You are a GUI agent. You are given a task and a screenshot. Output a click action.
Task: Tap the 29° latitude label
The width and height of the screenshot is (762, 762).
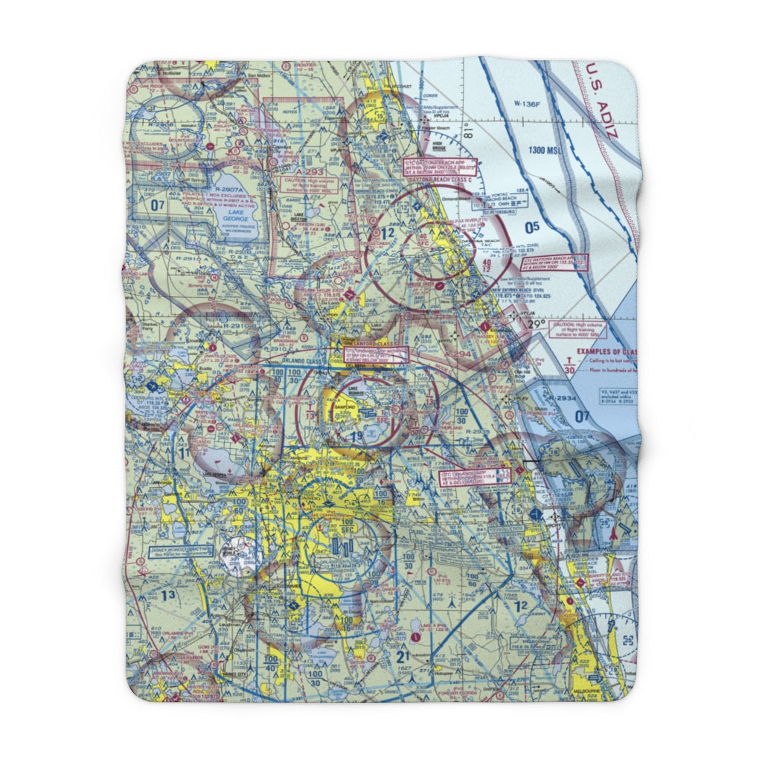tap(537, 324)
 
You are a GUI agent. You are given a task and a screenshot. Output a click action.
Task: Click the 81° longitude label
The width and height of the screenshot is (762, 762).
tap(467, 135)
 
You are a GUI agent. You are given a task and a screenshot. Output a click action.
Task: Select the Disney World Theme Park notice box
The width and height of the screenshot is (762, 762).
tap(182, 552)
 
